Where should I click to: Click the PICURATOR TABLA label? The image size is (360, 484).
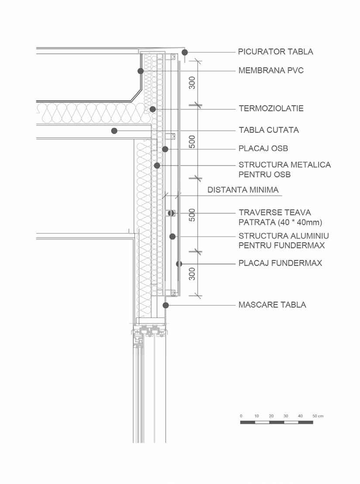tap(276, 51)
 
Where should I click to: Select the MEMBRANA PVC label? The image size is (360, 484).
tap(271, 70)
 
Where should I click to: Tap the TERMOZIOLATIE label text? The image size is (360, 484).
tap(271, 108)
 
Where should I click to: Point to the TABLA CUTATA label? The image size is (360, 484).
tap(269, 130)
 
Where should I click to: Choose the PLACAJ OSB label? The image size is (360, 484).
tap(263, 148)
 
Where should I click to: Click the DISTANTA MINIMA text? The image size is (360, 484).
tap(243, 190)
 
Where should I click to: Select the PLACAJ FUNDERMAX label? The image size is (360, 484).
tap(280, 263)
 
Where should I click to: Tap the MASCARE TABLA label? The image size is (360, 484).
tap(272, 305)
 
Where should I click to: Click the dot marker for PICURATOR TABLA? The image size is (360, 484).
tap(185, 52)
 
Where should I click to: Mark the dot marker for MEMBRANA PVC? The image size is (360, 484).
tap(141, 71)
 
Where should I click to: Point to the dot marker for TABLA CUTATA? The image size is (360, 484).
tap(114, 130)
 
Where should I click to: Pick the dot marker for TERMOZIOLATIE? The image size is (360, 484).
tap(152, 109)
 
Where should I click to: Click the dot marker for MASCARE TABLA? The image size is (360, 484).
tap(165, 305)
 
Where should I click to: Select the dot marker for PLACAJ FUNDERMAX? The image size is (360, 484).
tap(179, 264)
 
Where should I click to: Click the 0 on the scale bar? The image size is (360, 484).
tap(241, 416)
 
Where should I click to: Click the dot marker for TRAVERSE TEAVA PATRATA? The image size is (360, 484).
tap(171, 213)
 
